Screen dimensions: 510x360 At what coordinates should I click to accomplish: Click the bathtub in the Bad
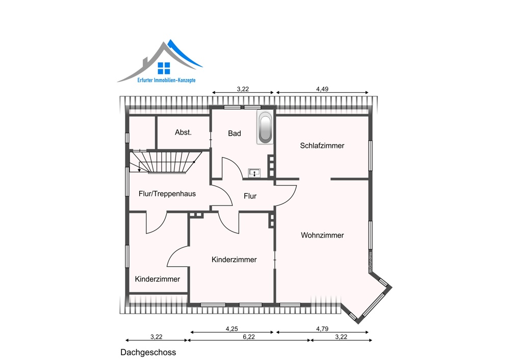pos(265,127)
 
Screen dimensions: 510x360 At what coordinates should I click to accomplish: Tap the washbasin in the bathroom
pos(254,173)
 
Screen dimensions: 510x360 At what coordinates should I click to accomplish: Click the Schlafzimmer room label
pos(322,146)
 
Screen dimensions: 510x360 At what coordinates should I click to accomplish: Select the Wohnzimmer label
pos(322,235)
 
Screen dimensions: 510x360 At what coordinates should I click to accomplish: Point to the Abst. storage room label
pos(183,133)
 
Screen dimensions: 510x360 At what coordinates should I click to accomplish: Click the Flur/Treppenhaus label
pos(167,194)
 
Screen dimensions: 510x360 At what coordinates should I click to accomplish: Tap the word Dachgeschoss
pos(148,352)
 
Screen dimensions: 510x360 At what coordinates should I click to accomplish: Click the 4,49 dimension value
pos(322,89)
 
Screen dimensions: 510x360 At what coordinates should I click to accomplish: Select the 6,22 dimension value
pos(249,337)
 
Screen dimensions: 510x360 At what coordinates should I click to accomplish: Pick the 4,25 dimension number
pos(232,329)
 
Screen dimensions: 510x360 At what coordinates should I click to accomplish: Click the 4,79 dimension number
pos(322,329)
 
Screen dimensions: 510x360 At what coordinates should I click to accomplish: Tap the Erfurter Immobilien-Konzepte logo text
pos(166,80)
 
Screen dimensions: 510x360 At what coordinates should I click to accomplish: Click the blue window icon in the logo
pos(164,68)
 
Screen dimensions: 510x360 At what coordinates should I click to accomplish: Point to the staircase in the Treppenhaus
pos(166,162)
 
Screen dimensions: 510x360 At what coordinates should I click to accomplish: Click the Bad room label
pos(235,133)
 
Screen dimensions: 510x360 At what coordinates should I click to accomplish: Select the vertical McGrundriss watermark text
pos(370,262)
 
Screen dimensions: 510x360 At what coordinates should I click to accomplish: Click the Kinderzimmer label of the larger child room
pos(234,260)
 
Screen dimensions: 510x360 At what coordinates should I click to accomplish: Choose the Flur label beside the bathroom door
pos(250,196)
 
